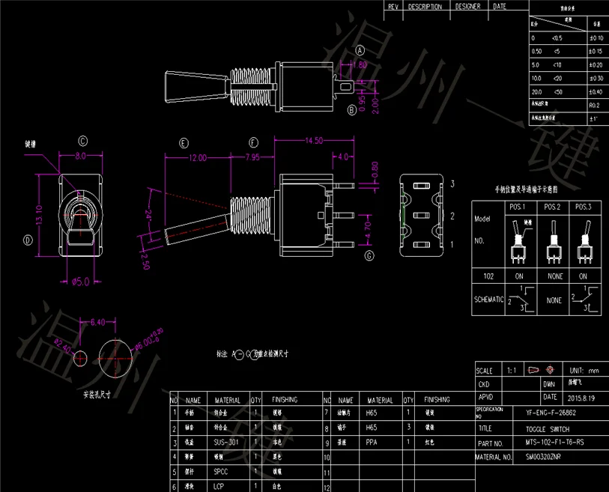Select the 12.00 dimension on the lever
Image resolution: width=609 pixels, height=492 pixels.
tap(197, 158)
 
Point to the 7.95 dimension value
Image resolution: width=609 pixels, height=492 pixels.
tap(252, 158)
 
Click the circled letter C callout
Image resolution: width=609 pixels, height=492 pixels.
tap(83, 141)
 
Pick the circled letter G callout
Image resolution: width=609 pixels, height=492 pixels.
tap(369, 256)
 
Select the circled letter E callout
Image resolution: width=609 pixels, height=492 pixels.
tap(184, 142)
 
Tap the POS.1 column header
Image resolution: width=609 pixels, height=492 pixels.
tap(518, 207)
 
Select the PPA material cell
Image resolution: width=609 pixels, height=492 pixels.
tap(372, 442)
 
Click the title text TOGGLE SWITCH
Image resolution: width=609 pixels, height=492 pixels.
tap(546, 429)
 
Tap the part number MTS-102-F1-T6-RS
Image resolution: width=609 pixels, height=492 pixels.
tap(551, 443)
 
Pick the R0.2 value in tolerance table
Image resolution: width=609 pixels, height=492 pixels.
tap(594, 106)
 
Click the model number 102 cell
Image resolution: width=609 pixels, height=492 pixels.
tap(488, 276)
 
